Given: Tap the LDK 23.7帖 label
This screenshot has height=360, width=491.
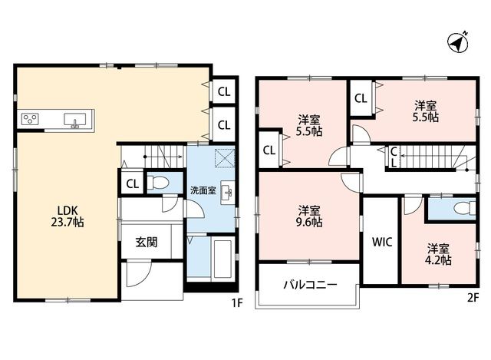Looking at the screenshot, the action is tap(67, 216).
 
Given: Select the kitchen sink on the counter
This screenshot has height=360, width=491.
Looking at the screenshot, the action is tap(75, 121).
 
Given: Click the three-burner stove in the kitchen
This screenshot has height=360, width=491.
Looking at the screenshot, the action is tap(30, 119).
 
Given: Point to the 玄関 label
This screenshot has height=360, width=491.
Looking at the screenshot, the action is tap(147, 243).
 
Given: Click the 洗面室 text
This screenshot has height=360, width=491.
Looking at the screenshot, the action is tap(203, 190).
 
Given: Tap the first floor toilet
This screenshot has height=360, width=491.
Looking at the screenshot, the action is tap(158, 183).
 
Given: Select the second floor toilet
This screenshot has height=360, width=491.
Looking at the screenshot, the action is tap(465, 207).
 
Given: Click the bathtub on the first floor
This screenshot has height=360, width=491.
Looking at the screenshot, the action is tap(223, 259).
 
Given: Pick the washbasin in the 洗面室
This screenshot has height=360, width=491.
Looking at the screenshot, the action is tap(228, 193).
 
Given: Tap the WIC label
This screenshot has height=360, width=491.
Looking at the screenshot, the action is tap(382, 242).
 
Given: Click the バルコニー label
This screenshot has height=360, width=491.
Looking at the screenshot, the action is tap(310, 285).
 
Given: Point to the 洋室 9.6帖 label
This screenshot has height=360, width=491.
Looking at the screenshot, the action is tap(309, 216).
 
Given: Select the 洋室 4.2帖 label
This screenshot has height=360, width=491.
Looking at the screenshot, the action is tap(438, 255).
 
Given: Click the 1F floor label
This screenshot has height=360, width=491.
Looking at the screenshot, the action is tap(237, 303).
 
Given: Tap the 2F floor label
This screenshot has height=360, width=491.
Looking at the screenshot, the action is tap(473, 298).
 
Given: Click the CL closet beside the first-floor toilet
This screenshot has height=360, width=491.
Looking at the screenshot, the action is tap(133, 184).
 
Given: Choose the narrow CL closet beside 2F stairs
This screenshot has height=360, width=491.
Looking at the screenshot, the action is tap(394, 157).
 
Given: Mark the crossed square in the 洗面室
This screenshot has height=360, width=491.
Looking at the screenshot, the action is tap(225, 159).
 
